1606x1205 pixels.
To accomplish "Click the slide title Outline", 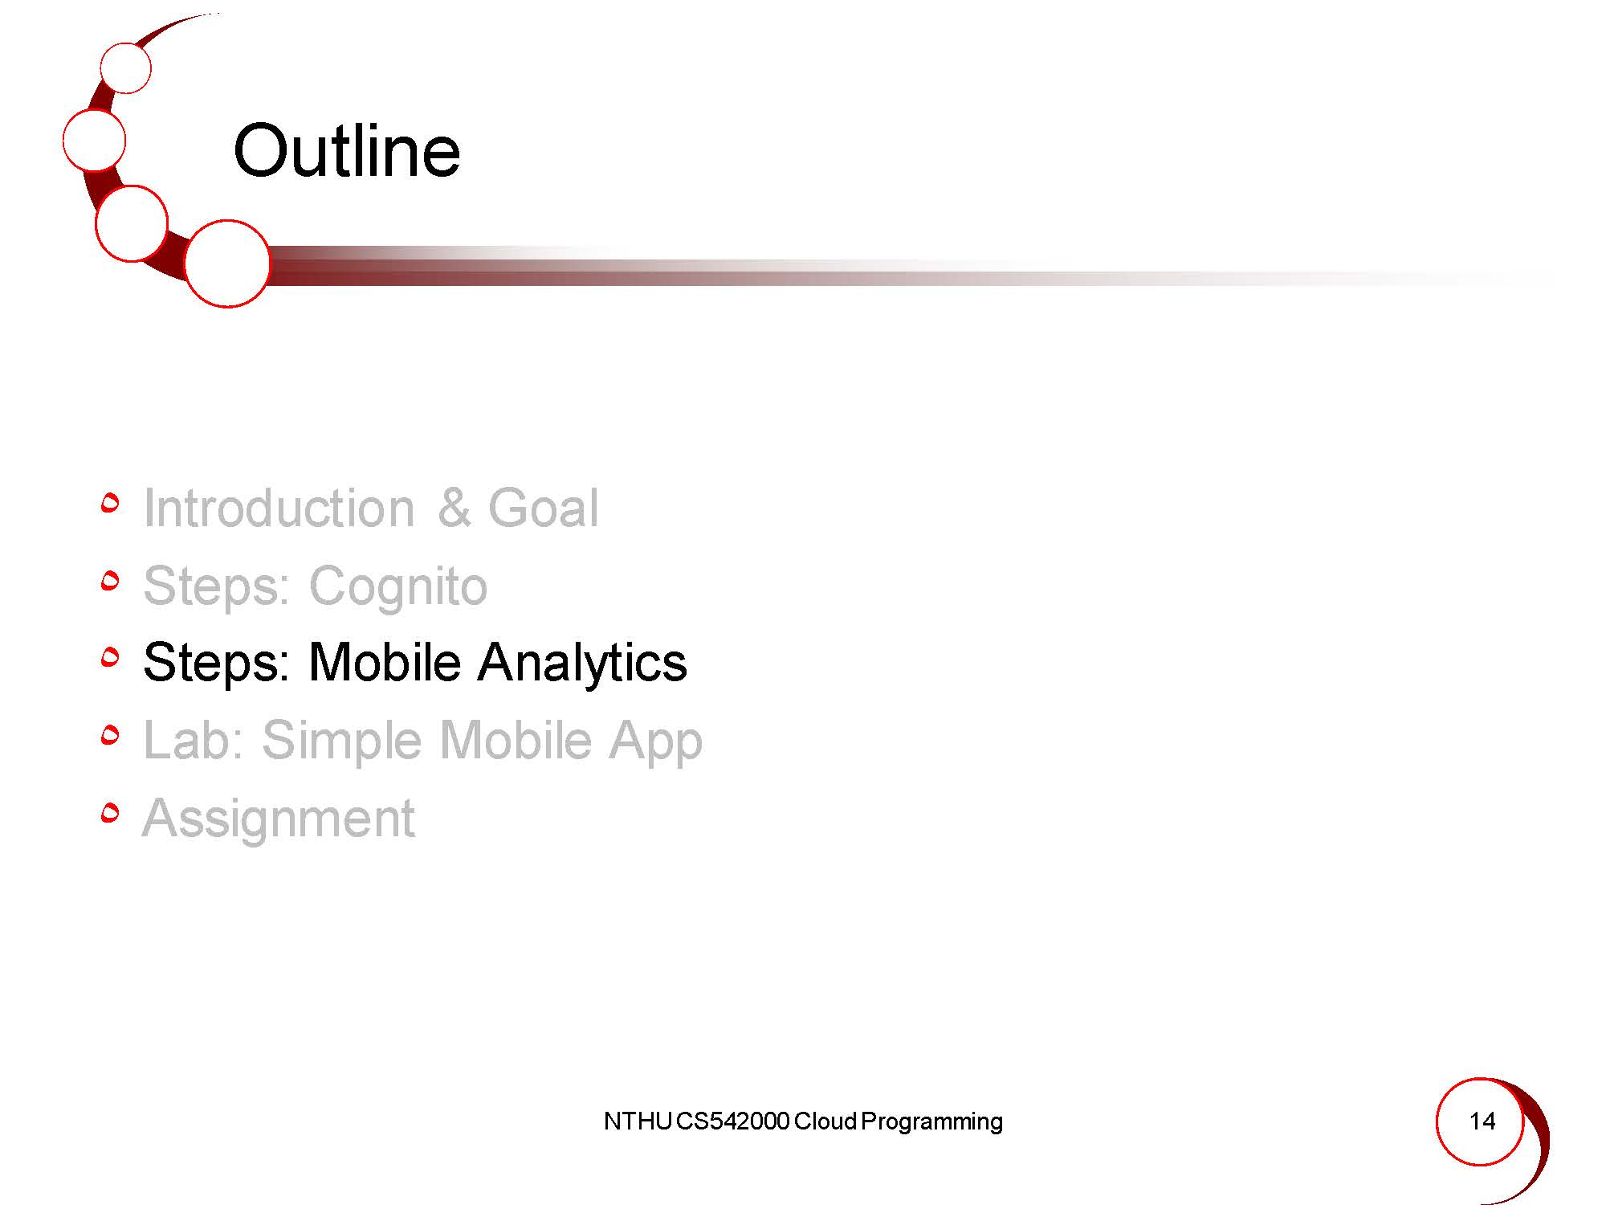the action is coord(347,151).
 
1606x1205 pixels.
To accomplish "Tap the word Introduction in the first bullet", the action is coord(279,508).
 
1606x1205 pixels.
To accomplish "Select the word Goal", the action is coord(543,508).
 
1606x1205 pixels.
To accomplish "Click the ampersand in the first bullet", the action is coord(454,508).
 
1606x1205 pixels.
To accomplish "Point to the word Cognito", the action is coord(398,587).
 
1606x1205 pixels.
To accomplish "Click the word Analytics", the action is coord(582,664).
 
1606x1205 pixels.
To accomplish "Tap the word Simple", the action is coord(341,741).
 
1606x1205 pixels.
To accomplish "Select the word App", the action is coord(655,741).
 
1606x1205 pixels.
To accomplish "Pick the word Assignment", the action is coord(279,819).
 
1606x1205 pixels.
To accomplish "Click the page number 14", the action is coord(1482,1121).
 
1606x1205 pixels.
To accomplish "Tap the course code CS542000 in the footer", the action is coord(732,1121).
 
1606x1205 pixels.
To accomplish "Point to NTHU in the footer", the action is coord(637,1121).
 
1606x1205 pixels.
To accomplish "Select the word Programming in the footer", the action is coord(931,1122).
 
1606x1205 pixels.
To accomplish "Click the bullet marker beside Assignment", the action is coord(111,813).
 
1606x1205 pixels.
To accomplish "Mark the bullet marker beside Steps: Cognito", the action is coord(111,580).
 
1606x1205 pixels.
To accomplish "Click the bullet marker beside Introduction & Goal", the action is coord(111,503).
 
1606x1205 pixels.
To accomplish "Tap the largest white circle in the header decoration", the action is coord(227,263).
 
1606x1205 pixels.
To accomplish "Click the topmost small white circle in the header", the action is coord(126,68).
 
